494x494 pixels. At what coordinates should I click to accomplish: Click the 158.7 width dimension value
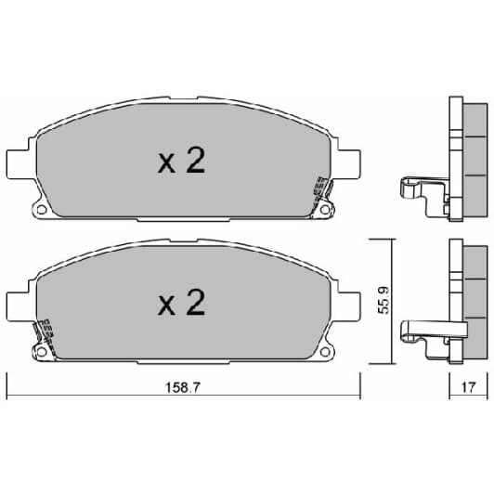click(183, 387)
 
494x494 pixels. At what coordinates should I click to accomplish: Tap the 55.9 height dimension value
click(383, 300)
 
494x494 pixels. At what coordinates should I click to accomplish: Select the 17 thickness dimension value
click(468, 387)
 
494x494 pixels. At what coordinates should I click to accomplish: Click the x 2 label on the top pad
click(181, 161)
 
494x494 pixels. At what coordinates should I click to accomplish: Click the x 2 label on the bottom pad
click(181, 303)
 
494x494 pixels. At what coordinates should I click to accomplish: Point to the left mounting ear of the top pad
click(19, 164)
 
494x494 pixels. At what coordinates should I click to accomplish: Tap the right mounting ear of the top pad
click(349, 164)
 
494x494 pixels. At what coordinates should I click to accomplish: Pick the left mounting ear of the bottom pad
click(19, 306)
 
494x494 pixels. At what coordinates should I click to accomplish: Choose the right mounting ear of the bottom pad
click(349, 306)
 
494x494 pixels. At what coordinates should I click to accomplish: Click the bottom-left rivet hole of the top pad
click(41, 209)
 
